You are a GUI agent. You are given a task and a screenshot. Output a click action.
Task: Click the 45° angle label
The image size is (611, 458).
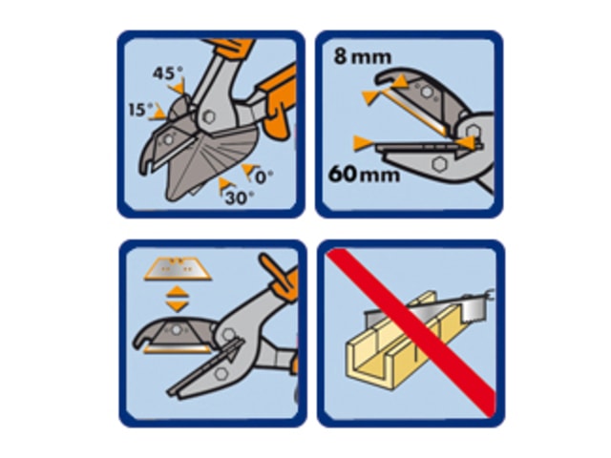(168, 73)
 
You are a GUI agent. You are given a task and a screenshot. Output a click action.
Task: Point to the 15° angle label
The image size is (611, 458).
(140, 110)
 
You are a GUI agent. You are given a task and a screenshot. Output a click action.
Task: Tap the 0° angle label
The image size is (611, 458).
(263, 177)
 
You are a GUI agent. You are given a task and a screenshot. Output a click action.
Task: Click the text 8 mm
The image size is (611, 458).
(363, 56)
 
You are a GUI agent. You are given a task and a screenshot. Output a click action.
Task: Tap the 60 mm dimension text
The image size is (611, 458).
(364, 174)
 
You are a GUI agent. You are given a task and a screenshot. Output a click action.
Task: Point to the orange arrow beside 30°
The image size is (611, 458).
(225, 185)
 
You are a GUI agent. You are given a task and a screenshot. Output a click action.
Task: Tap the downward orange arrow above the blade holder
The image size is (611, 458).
(178, 305)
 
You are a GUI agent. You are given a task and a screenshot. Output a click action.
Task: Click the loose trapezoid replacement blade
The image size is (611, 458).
(178, 269)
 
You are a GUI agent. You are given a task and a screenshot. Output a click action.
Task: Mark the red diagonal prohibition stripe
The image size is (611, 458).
(411, 332)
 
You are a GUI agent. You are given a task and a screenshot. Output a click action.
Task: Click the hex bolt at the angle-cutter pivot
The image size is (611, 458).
(209, 116)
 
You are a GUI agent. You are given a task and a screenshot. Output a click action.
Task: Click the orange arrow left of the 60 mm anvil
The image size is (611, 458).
(363, 143)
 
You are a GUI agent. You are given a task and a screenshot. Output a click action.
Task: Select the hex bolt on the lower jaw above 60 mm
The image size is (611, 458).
(439, 164)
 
